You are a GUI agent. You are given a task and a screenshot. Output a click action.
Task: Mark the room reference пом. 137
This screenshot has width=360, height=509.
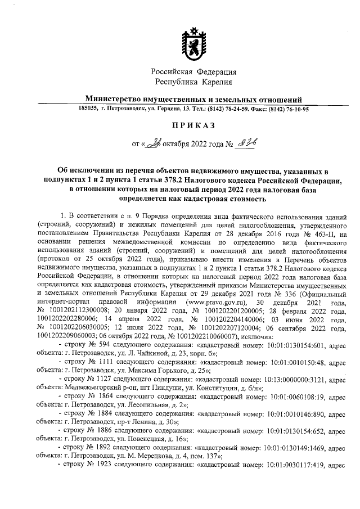pyautogui.click(x=208, y=456)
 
